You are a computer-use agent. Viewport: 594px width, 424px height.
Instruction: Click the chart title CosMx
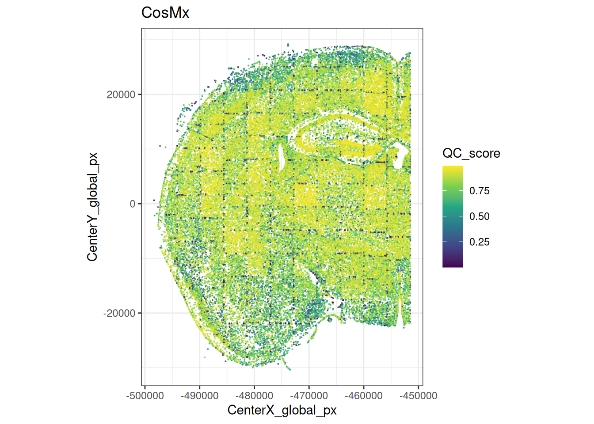tap(165, 13)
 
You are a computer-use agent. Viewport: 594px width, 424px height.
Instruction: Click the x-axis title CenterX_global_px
tap(282, 410)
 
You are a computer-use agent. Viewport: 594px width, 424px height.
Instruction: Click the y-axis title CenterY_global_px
tap(92, 207)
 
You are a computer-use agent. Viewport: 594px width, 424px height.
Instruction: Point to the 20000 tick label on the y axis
tap(121, 95)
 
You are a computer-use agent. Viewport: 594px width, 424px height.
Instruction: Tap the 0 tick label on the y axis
tap(132, 204)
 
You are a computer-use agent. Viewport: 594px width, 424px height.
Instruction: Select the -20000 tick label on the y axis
tap(119, 313)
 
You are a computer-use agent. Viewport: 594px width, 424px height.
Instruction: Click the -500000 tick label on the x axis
tap(145, 396)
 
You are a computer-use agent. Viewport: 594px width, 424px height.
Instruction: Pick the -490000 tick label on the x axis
tap(199, 396)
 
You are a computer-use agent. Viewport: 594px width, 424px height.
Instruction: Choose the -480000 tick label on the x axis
tap(254, 396)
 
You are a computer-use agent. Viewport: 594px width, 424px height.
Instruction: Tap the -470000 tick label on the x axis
tap(309, 396)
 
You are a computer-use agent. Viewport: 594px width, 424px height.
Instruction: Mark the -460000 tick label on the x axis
tap(364, 396)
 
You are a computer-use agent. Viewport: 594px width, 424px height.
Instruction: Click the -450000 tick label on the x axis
tap(418, 396)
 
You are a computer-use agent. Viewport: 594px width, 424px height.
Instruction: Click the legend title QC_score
tap(471, 153)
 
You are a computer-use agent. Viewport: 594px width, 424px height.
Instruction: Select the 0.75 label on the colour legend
tap(479, 191)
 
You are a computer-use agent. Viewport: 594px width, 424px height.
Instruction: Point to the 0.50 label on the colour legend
tap(479, 216)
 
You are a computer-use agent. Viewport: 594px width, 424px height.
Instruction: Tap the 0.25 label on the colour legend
tap(479, 242)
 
